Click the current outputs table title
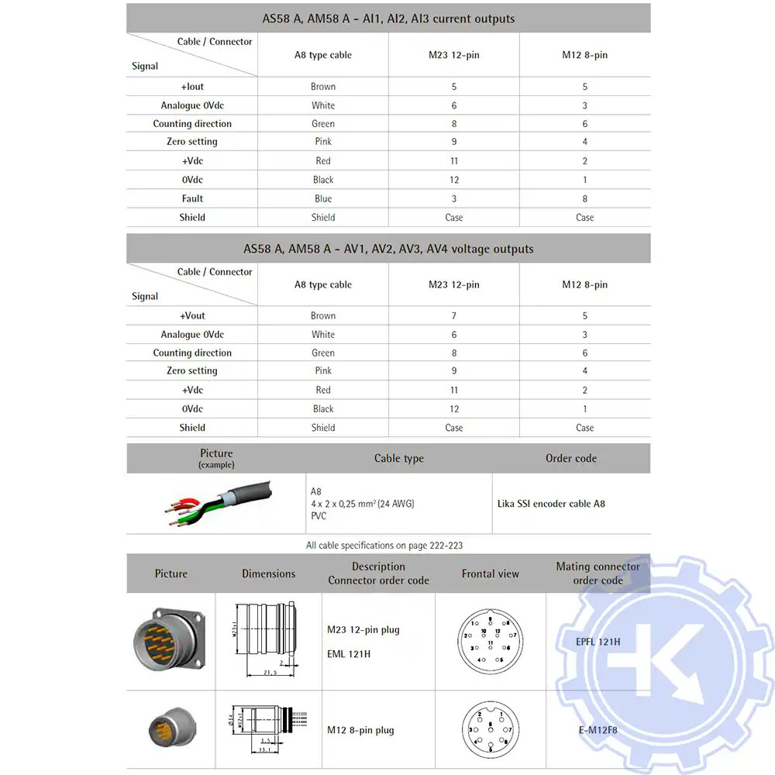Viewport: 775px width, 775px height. [388, 19]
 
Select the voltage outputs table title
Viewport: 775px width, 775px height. [388, 249]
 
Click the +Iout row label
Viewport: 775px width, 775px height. [192, 87]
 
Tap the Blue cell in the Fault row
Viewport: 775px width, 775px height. [323, 198]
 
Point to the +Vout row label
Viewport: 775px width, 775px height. [192, 315]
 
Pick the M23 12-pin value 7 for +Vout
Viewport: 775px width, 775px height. [454, 315]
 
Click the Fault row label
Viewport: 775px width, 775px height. [192, 198]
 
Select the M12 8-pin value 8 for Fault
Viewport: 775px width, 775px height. [585, 198]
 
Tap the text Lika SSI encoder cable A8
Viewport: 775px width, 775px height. [551, 504]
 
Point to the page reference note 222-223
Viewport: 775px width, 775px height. [384, 546]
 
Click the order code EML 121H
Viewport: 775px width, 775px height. [349, 654]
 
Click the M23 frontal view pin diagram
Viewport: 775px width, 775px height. [491, 642]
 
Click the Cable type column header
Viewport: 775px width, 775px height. [399, 458]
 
